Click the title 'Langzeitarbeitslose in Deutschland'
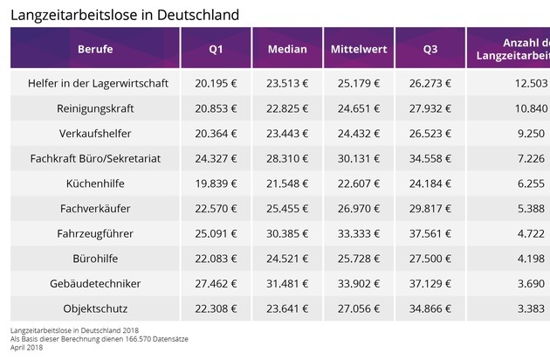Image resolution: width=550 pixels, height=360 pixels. pos(125,15)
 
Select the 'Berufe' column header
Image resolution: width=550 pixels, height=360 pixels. pos(95,49)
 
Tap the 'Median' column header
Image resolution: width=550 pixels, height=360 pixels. pos(286,49)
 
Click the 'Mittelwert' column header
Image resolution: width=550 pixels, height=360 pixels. pos(358,49)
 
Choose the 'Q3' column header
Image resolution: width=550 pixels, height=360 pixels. pos(430,49)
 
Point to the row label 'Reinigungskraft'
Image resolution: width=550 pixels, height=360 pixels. pos(95,108)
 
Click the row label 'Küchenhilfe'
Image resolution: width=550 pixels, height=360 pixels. pos(95,183)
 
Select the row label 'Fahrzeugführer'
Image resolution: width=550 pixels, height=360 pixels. pos(95,233)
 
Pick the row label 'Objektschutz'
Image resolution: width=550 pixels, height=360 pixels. pos(95,308)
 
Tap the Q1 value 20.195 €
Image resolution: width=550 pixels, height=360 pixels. pos(216,83)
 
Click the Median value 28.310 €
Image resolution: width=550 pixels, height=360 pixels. pos(286,158)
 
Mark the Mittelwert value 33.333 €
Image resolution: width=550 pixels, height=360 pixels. pos(358,233)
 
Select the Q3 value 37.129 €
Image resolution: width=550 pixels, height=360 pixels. pos(430,283)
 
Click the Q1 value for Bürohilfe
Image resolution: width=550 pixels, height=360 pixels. pos(216,259)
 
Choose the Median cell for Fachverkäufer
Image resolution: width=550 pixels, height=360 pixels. pos(286,209)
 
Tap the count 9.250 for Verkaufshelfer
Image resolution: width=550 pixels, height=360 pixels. pos(532,133)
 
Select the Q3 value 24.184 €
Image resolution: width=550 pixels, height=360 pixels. pos(430,183)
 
